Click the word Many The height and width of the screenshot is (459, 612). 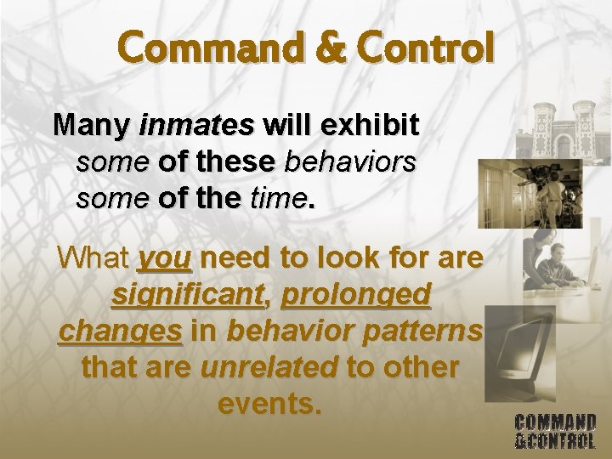click(91, 125)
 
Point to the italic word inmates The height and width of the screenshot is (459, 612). click(196, 125)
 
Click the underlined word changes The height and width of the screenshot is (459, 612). click(120, 331)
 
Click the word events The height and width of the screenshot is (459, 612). click(270, 404)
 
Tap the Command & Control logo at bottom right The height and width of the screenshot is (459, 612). click(555, 431)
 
